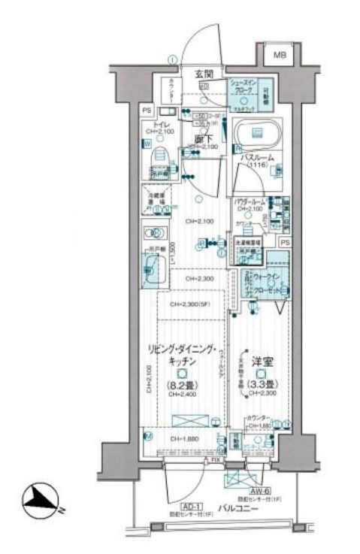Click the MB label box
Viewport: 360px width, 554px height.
click(279, 54)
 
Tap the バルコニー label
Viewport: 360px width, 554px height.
click(241, 510)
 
